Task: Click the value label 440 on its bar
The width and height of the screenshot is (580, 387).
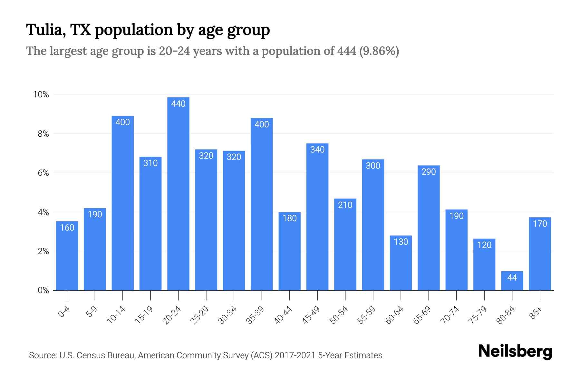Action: [178, 104]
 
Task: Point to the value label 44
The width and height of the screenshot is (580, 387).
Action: [512, 277]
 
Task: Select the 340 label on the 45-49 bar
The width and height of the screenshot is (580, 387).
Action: [317, 150]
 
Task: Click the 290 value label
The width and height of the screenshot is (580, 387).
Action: [429, 172]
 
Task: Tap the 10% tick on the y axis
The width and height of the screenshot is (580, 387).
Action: [41, 94]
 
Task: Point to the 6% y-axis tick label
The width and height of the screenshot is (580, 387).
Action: [43, 173]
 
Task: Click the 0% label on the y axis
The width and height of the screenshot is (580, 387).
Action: [43, 290]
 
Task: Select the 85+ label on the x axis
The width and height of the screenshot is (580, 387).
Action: [536, 313]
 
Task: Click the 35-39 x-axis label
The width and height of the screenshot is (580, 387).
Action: [255, 315]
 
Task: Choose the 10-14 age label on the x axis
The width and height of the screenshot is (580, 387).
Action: [116, 315]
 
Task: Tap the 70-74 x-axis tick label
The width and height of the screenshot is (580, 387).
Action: [450, 315]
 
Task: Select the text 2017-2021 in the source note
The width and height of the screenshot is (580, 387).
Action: [295, 355]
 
